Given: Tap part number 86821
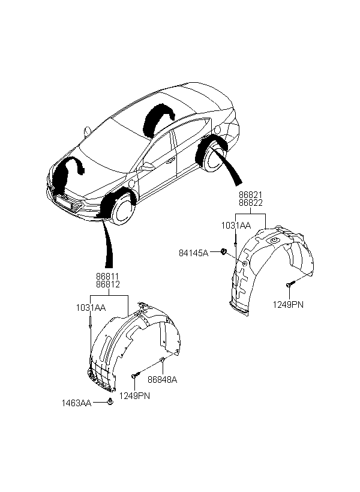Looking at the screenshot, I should click(x=251, y=196).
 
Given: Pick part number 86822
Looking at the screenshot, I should click(x=251, y=203).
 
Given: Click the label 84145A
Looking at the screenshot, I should click(x=194, y=253).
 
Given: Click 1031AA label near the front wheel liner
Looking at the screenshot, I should click(x=90, y=307).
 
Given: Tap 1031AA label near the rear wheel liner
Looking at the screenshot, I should click(x=235, y=226).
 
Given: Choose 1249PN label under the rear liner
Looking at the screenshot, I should click(x=289, y=305).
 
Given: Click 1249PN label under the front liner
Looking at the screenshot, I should click(x=133, y=395).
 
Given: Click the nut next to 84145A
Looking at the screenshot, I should click(x=223, y=252).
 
